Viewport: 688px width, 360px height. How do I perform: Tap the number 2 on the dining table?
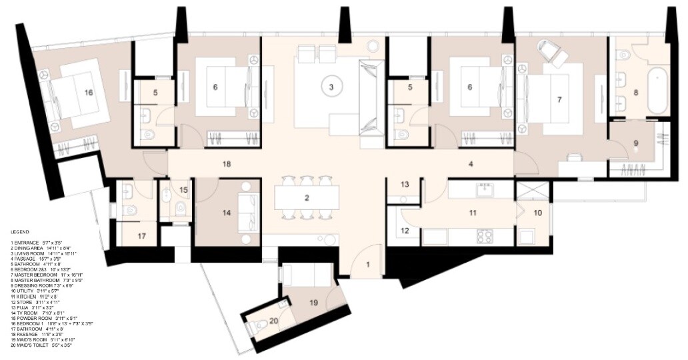coord(307,198)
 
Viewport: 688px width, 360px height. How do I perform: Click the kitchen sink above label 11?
coord(484,191)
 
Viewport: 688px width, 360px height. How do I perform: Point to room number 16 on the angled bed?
coord(88,92)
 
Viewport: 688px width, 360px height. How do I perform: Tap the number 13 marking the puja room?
coord(405,184)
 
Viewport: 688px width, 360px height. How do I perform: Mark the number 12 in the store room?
coord(405,231)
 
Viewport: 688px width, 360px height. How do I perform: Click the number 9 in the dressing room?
coord(635,143)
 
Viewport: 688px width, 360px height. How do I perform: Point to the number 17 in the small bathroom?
coord(141,235)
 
